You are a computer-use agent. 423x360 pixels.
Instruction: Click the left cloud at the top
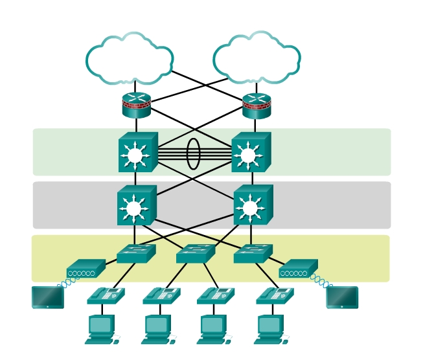point(130,60)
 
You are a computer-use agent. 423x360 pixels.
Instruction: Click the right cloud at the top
point(257,60)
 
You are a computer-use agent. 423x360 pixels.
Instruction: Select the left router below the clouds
point(136,106)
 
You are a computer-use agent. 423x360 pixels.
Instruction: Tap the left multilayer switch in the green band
point(137,153)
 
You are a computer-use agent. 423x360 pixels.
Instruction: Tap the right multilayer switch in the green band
point(250,153)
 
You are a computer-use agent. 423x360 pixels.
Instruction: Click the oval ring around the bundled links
point(194,153)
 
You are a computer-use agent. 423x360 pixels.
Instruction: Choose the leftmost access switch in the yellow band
point(136,254)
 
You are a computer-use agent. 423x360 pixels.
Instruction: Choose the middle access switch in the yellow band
point(195,254)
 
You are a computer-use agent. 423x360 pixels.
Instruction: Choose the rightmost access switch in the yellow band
point(253,254)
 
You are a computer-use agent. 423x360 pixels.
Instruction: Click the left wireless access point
point(86,269)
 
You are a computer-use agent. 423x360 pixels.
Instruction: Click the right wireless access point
point(298,269)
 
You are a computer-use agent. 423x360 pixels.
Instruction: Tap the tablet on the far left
point(48,297)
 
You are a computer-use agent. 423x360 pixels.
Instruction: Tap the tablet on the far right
point(342,297)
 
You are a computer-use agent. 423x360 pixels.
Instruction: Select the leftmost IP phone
point(106,296)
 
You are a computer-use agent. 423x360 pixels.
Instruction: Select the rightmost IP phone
point(275,296)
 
